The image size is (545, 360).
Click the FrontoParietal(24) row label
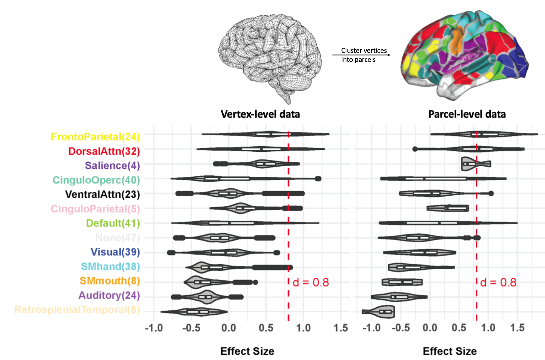pyautogui.click(x=95, y=137)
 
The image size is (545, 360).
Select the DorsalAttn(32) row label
pyautogui.click(x=104, y=151)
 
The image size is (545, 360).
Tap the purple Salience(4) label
pyautogui.click(x=112, y=165)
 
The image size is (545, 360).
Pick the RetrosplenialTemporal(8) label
pyautogui.click(x=77, y=310)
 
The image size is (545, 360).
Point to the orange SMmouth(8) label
pyautogui.click(x=109, y=281)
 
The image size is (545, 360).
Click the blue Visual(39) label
pyautogui.click(x=115, y=252)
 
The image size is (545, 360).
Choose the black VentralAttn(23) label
pyautogui.click(x=102, y=194)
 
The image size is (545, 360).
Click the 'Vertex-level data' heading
pyautogui.click(x=260, y=114)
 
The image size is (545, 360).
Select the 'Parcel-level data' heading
pyautogui.click(x=467, y=114)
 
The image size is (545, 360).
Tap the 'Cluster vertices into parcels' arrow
pyautogui.click(x=361, y=55)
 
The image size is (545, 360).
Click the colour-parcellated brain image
pyautogui.click(x=464, y=55)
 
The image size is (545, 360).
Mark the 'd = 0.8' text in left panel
pyautogui.click(x=310, y=282)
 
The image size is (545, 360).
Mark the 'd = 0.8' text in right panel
pyautogui.click(x=498, y=282)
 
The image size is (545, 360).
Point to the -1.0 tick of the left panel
pyautogui.click(x=154, y=328)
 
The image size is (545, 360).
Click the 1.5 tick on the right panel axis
pyautogui.click(x=517, y=328)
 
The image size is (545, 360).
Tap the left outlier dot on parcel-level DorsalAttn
pyautogui.click(x=415, y=149)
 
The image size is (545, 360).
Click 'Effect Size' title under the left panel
pyautogui.click(x=247, y=351)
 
